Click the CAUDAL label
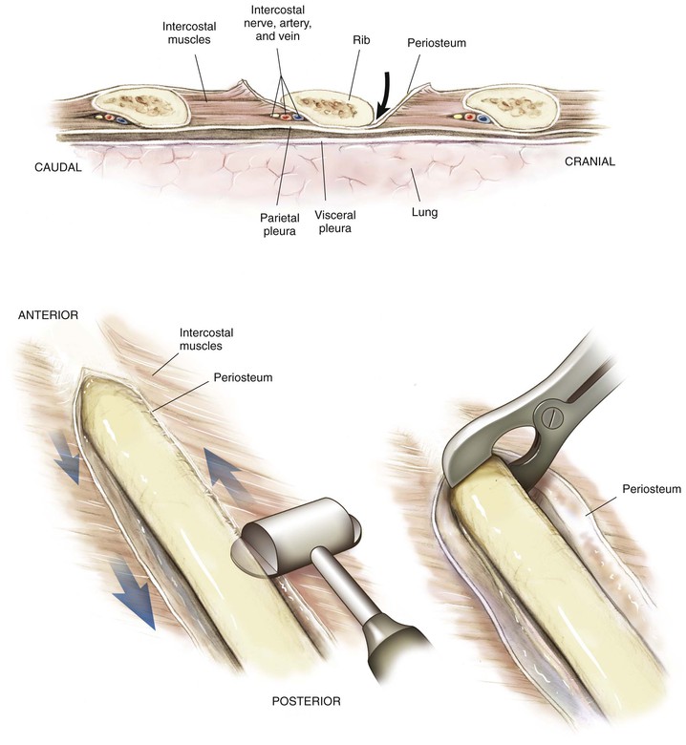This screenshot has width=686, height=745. click(x=58, y=167)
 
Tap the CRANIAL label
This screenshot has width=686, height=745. click(x=590, y=161)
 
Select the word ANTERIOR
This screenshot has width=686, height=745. click(x=48, y=315)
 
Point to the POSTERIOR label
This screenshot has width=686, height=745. click(x=306, y=701)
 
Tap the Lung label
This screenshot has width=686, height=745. click(x=424, y=212)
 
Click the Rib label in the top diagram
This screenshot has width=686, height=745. click(x=361, y=40)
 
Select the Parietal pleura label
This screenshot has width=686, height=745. click(x=280, y=224)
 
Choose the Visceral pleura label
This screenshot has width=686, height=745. click(x=335, y=222)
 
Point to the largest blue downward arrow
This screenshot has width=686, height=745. click(x=133, y=592)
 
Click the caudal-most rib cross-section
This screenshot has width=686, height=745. click(x=140, y=109)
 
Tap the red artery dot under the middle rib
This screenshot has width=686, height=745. click(x=286, y=116)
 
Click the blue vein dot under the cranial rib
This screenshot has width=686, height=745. click(x=483, y=117)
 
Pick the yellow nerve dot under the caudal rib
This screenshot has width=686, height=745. click(x=98, y=117)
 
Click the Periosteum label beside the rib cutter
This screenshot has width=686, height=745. click(x=652, y=489)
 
